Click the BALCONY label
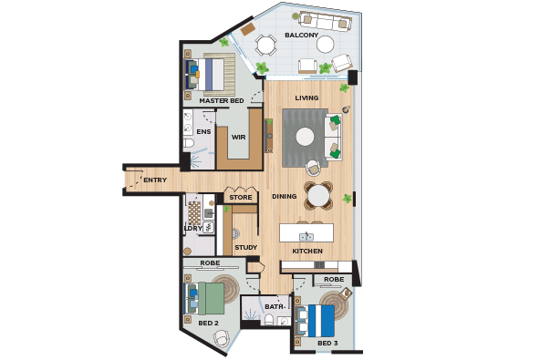tap(301, 36)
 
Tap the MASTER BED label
tap(222, 101)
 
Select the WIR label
tap(238, 137)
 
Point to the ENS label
tap(203, 132)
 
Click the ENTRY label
tap(155, 180)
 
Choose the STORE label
tap(241, 198)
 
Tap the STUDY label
tap(246, 248)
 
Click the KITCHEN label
tap(307, 252)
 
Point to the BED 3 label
tap(327, 343)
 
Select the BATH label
tap(275, 306)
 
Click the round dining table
tap(318, 195)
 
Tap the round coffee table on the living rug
tap(306, 137)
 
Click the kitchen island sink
tap(306, 237)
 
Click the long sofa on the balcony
tap(325, 21)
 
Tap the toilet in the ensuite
tap(189, 143)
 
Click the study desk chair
tap(235, 233)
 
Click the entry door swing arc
tap(137, 181)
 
